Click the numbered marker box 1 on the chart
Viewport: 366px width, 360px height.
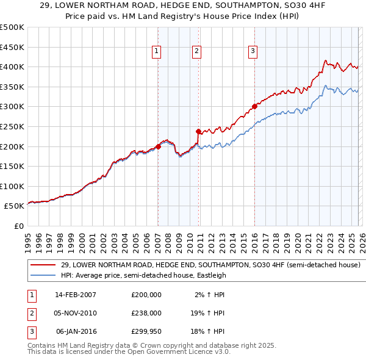(x=157, y=52)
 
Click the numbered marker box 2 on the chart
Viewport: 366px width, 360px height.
(x=197, y=52)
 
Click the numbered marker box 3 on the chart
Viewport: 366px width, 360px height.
(x=253, y=52)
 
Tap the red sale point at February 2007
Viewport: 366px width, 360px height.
(x=158, y=146)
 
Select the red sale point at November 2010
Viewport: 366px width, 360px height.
(x=198, y=131)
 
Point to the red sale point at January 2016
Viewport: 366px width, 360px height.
(x=254, y=106)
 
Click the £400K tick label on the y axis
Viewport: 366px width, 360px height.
(x=12, y=67)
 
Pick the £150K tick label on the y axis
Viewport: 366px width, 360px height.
(x=12, y=166)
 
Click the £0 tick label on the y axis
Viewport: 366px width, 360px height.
(x=18, y=226)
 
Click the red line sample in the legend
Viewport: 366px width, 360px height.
(x=43, y=265)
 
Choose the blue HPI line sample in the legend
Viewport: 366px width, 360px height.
(x=43, y=275)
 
